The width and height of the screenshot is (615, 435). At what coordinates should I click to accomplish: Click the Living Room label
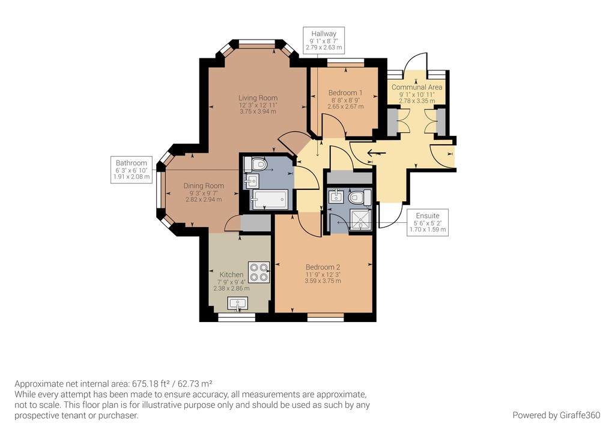258,98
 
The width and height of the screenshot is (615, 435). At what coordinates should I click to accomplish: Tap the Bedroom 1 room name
345,93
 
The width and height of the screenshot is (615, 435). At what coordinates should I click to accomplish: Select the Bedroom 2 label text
323,267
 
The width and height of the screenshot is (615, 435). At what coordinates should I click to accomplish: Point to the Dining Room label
204,186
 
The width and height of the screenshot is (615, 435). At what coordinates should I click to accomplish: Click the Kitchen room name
231,275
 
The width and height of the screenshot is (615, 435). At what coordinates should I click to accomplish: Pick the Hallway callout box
324,40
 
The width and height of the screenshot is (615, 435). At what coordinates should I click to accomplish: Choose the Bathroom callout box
132,170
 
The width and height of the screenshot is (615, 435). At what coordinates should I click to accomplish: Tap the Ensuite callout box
428,222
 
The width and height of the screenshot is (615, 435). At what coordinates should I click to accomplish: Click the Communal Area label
417,88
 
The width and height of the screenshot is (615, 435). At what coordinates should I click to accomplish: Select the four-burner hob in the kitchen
259,272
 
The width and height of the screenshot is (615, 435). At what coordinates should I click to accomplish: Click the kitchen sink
238,303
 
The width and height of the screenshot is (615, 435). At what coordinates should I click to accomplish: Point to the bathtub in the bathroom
269,199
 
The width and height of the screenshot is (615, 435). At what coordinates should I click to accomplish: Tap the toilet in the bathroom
255,165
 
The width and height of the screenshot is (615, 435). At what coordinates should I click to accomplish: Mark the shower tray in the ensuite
360,221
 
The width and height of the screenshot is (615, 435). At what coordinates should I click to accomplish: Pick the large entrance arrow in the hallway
377,153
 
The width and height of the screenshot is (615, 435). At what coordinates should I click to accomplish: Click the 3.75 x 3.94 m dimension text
258,111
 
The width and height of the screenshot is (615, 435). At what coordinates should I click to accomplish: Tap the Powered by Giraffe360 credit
556,415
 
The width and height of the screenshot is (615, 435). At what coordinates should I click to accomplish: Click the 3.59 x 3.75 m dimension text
323,281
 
